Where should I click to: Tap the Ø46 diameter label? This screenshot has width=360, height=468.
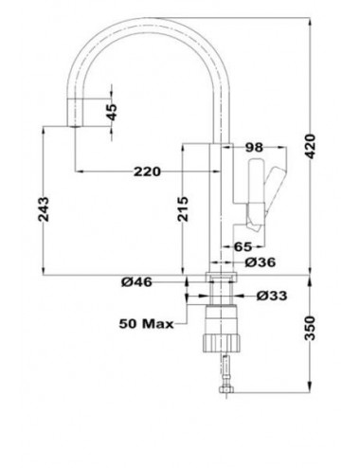[138, 281]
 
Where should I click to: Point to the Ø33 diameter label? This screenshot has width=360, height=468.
[269, 296]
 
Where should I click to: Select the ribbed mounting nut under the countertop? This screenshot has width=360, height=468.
[220, 339]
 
